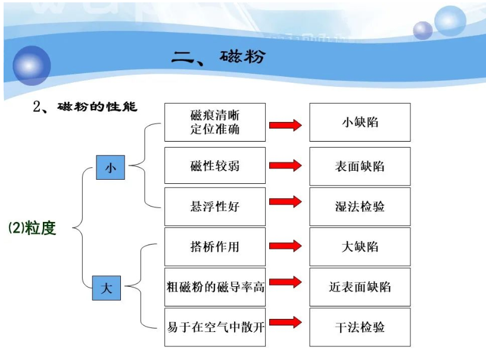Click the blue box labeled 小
pyautogui.click(x=110, y=167)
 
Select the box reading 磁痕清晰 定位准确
pyautogui.click(x=214, y=123)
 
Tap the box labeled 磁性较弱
pyautogui.click(x=214, y=166)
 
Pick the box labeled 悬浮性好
pyautogui.click(x=214, y=206)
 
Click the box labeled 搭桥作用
pyautogui.click(x=214, y=246)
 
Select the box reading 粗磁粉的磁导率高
pyautogui.click(x=214, y=287)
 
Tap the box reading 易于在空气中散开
pyautogui.click(x=214, y=327)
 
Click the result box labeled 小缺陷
pyautogui.click(x=360, y=123)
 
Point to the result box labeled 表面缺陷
pyautogui.click(x=360, y=166)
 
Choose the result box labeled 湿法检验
pyautogui.click(x=360, y=206)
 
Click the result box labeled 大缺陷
pyautogui.click(x=360, y=246)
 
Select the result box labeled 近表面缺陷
pyautogui.click(x=360, y=287)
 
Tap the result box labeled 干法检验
pyautogui.click(x=360, y=327)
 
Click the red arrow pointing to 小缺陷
pyautogui.click(x=285, y=125)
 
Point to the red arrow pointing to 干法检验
pyautogui.click(x=285, y=323)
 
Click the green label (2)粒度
pyautogui.click(x=32, y=228)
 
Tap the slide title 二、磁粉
pyautogui.click(x=218, y=57)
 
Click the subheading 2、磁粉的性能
pyautogui.click(x=85, y=107)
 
